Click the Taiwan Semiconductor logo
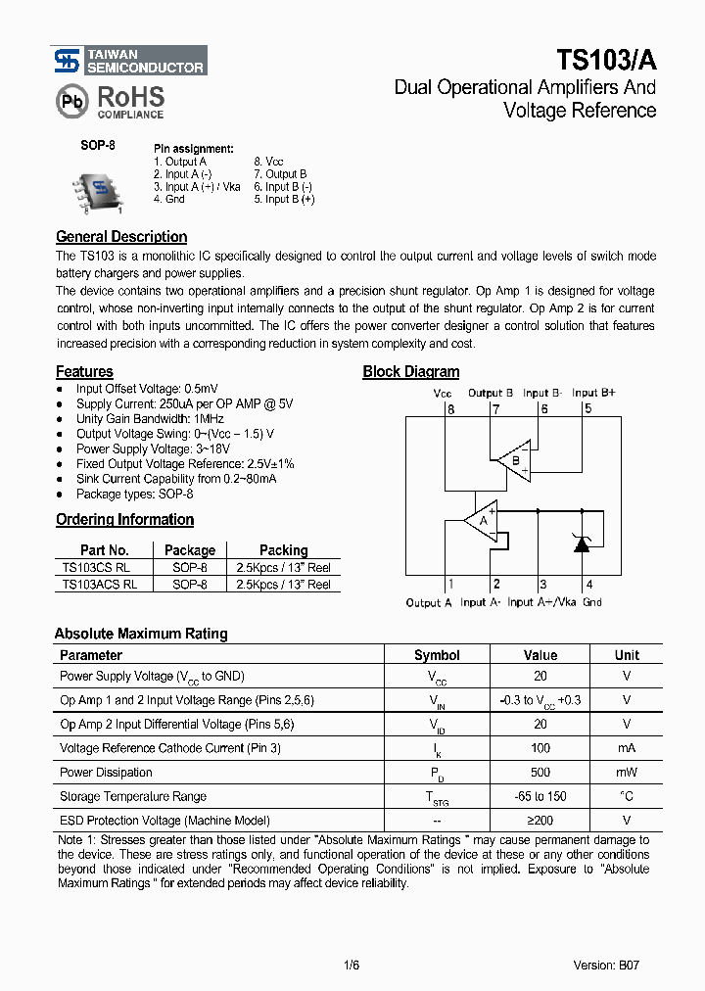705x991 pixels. [128, 61]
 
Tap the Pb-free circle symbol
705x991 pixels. [70, 102]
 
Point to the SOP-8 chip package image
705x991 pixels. [98, 191]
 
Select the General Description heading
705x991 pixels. [121, 237]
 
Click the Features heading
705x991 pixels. [84, 372]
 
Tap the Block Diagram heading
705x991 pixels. [410, 372]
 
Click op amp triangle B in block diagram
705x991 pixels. [514, 458]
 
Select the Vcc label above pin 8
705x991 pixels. [443, 394]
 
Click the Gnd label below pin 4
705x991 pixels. [591, 602]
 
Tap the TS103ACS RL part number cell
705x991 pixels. [99, 584]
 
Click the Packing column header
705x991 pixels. [283, 550]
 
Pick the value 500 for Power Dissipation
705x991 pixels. [540, 772]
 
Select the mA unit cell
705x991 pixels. [627, 748]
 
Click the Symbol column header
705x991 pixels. [437, 655]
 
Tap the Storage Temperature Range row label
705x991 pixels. [133, 796]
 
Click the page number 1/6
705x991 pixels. [352, 965]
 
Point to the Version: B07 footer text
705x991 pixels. [608, 965]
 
